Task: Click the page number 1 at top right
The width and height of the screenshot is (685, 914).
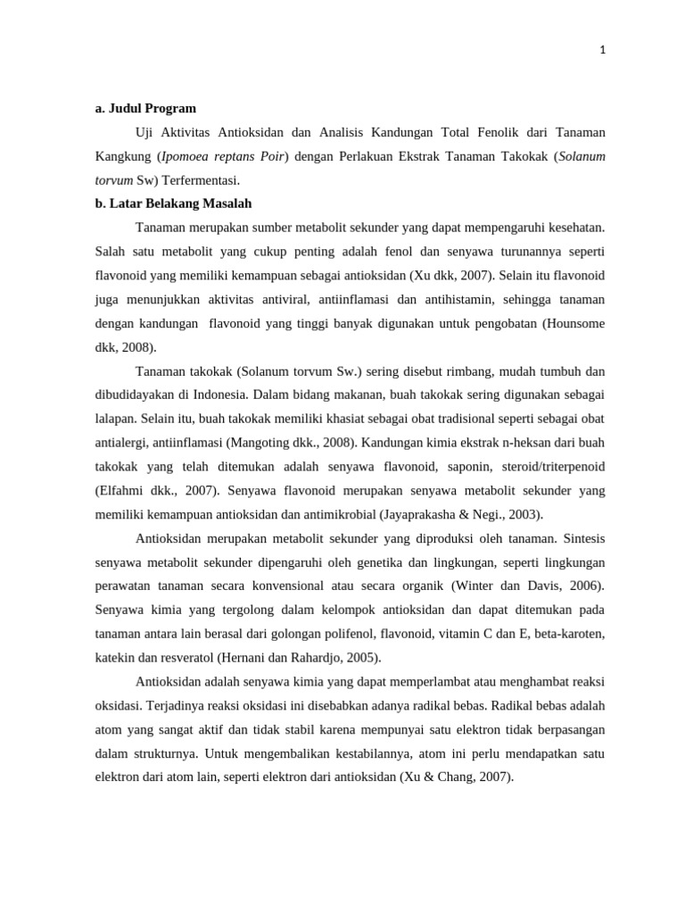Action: [x=603, y=51]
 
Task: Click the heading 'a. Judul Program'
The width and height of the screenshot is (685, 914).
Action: [x=145, y=109]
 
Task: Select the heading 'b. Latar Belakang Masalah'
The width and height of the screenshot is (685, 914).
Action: [x=173, y=204]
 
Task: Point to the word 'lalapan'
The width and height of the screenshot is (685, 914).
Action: [x=115, y=420]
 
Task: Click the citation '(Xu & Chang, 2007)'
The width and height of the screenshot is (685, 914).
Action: [x=457, y=777]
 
